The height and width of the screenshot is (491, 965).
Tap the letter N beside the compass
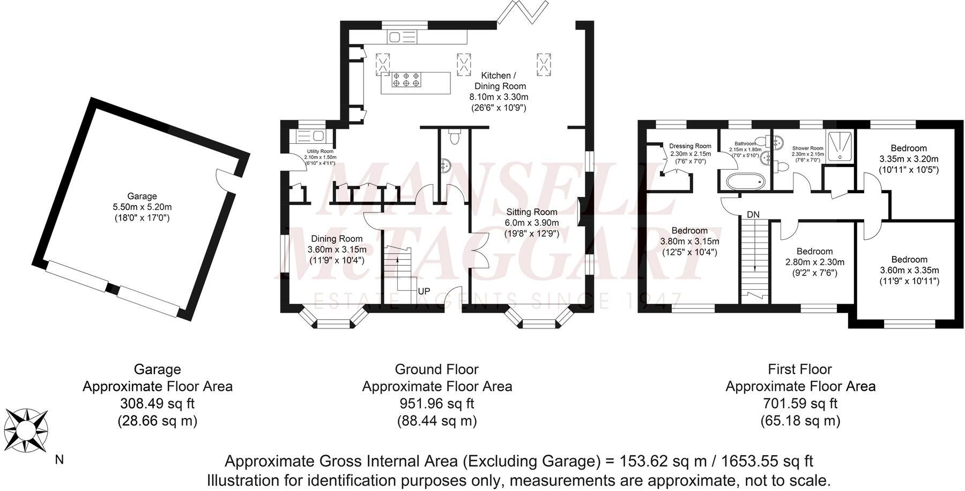pos(60,460)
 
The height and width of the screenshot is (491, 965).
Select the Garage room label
pos(142,196)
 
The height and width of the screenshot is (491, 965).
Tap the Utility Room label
pos(320,152)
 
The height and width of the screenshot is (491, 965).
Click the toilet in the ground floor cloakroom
pos(455,139)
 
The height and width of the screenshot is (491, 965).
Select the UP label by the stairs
pos(424,291)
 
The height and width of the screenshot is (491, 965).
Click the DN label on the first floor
pos(753,214)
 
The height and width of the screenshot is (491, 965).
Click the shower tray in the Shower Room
pos(838,146)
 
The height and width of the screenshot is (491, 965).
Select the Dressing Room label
pos(690,146)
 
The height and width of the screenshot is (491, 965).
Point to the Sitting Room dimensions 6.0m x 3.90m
pos(531,223)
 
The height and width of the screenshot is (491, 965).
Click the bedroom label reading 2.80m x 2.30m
pos(814,262)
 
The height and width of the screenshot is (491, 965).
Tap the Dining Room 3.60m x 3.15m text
pos(337,250)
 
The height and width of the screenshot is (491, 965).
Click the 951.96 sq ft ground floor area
pos(437,404)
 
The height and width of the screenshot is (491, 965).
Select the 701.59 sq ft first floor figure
pos(800,404)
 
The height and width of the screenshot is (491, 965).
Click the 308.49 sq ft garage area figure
pos(157,404)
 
